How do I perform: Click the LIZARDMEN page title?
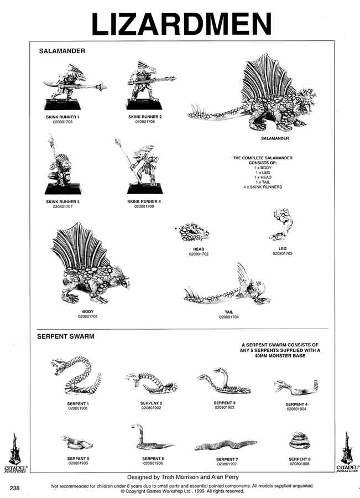click(181, 23)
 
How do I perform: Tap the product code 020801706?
click(145, 122)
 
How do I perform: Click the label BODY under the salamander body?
click(87, 312)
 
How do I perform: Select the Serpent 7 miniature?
click(226, 444)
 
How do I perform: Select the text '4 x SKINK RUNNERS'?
click(263, 187)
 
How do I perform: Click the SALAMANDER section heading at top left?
click(61, 50)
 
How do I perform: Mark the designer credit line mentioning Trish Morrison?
click(180, 476)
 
